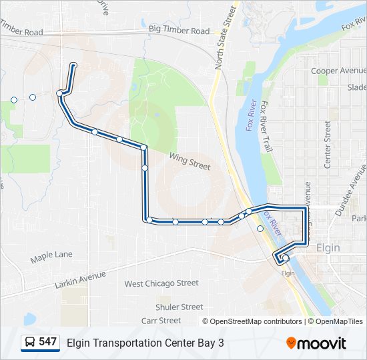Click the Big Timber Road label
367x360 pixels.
[178, 30]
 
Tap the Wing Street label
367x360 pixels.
[190, 161]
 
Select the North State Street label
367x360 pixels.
[226, 39]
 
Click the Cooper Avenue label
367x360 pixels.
[338, 71]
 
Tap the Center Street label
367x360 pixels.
[327, 143]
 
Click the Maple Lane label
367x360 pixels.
[51, 255]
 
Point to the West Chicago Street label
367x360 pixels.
[161, 283]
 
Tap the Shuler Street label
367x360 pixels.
[179, 307]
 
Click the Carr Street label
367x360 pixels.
[161, 321]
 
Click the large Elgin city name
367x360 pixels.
[328, 247]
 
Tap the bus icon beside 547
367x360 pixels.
[30, 342]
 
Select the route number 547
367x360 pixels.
[47, 342]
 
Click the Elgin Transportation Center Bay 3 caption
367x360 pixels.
[145, 343]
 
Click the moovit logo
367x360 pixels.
[316, 343]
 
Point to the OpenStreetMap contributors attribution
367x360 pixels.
[252, 321]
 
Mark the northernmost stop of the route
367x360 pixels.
[73, 65]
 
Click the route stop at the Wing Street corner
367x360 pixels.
[143, 147]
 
